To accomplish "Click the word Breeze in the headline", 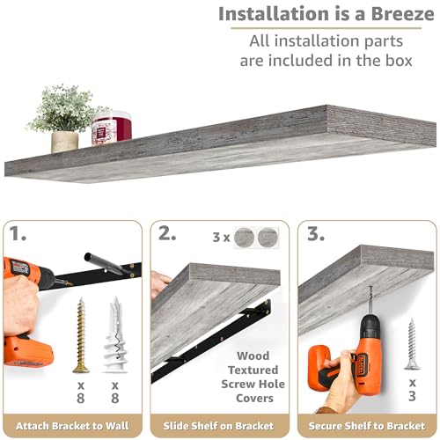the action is pos(403,14).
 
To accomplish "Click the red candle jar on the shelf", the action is pos(112,128).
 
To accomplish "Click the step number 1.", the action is pos(18,233).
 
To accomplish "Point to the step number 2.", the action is pos(167,233).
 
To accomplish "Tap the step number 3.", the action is pos(316,233).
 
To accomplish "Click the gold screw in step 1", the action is pos(81,335).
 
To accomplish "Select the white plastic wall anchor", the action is pos(115,334).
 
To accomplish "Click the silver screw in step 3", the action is pos(412,344).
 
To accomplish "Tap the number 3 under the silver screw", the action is pos(412,396).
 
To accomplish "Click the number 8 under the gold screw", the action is pos(81,398).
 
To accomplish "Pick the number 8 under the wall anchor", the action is pos(115,398).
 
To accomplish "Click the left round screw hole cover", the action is pos(244,238).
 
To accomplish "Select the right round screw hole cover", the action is pos(268,238).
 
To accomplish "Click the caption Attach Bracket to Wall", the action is pos(72,426).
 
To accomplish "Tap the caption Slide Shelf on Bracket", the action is pos(218,426).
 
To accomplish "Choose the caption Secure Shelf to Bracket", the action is pos(367,426).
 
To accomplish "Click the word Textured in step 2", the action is pos(253,370).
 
